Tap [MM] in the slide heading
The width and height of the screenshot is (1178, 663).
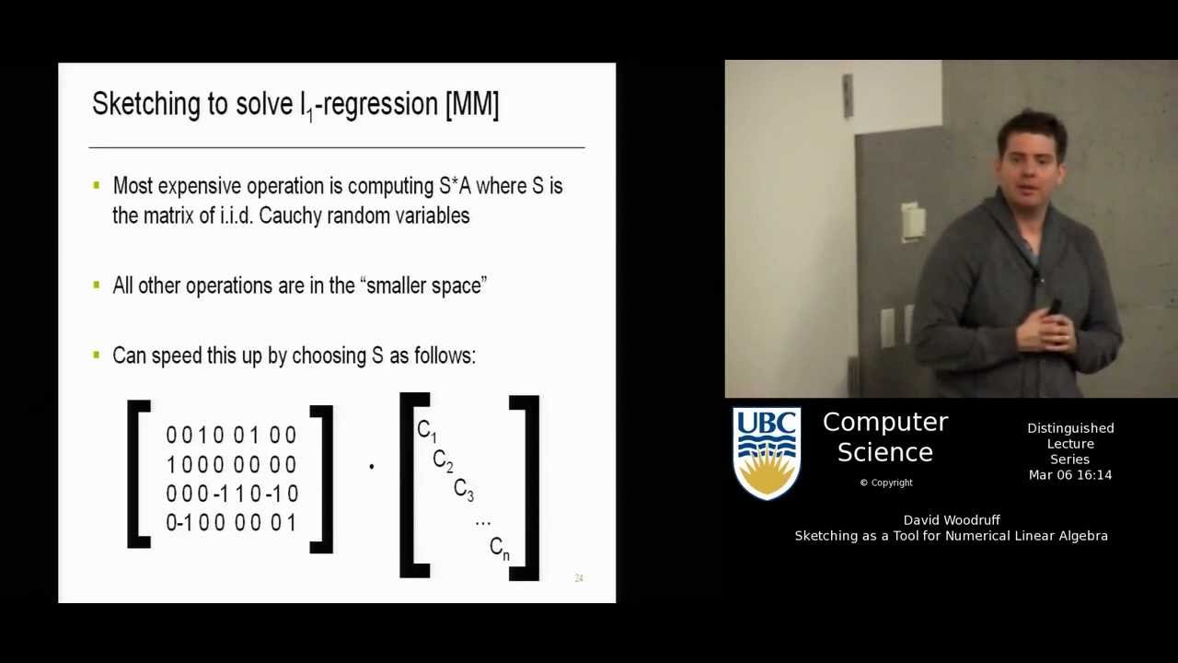click(471, 104)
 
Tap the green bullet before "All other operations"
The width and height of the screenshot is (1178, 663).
click(97, 285)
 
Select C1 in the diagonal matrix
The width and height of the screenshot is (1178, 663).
click(426, 430)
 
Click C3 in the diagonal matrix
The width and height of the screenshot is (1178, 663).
click(463, 490)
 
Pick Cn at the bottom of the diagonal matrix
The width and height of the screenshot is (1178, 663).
click(499, 548)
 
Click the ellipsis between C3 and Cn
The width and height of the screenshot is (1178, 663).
click(482, 521)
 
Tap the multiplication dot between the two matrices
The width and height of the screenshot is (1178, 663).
click(371, 467)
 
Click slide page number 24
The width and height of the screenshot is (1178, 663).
click(579, 578)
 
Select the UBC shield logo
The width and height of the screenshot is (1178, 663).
click(766, 453)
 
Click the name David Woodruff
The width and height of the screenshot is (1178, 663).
click(952, 520)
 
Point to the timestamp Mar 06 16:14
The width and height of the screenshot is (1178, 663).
click(1070, 475)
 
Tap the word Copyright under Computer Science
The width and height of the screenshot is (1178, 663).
click(891, 483)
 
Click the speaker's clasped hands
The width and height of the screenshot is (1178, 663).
click(1046, 330)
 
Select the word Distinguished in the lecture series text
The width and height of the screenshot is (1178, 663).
click(1070, 428)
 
